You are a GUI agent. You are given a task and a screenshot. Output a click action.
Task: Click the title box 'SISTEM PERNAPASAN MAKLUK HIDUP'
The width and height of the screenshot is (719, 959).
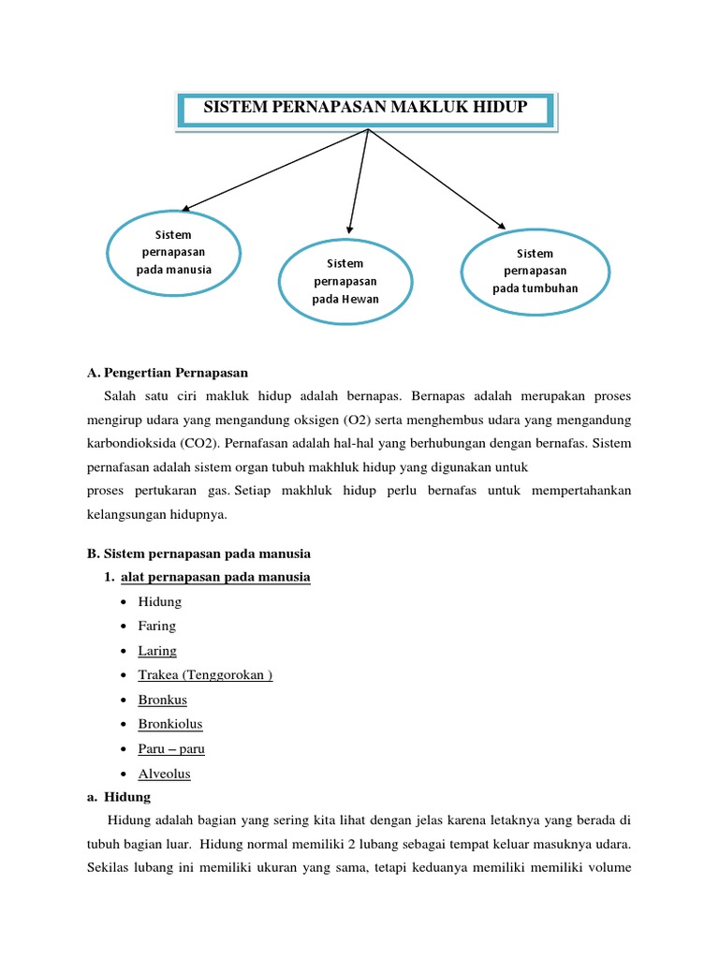(365, 110)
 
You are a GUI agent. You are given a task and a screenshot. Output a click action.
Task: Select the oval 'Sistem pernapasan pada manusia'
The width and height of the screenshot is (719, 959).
(174, 252)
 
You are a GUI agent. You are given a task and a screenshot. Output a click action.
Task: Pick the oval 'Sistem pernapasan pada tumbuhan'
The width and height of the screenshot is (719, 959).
(535, 271)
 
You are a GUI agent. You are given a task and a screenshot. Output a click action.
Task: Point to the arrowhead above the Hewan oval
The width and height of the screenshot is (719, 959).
(348, 227)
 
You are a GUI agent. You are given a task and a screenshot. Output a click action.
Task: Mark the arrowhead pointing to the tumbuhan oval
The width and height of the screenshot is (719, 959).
(501, 224)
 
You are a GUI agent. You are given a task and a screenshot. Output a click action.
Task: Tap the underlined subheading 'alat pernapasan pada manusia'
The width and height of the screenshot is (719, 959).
(215, 577)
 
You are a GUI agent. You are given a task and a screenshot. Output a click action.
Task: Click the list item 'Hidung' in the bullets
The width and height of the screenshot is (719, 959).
(159, 601)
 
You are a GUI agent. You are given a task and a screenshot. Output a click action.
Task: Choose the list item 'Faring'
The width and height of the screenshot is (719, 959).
(156, 626)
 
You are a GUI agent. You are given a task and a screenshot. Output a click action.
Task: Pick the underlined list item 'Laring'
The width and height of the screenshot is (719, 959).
(156, 651)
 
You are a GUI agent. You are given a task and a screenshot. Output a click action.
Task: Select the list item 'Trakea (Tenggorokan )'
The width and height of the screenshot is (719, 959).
(205, 675)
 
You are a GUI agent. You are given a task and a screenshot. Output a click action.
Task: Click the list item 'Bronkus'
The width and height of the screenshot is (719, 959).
(162, 700)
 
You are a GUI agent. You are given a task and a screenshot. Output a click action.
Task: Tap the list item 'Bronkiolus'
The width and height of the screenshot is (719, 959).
(169, 724)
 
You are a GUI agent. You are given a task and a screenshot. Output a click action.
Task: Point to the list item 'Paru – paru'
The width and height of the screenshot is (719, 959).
(170, 748)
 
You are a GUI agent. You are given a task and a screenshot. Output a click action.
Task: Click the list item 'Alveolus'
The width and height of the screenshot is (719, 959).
(164, 774)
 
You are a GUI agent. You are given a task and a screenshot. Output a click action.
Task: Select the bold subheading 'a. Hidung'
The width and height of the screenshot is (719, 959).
(118, 797)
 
